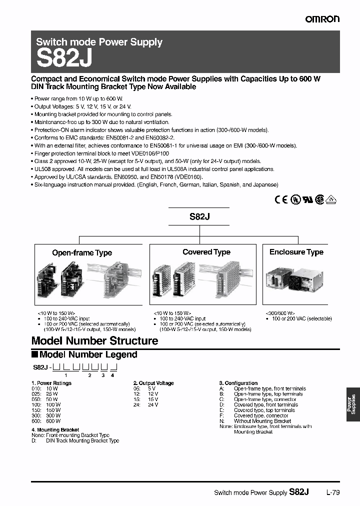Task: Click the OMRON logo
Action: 322,19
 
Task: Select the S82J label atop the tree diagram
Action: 198,217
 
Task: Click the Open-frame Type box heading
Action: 82,253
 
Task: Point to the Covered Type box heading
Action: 206,252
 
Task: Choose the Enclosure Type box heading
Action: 296,252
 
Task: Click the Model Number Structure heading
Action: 94,341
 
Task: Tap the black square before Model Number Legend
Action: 34,354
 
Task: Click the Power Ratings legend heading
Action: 51,383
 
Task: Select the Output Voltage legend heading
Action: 153,383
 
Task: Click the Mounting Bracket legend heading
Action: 55,429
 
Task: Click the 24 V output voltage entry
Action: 145,404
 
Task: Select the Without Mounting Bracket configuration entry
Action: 262,421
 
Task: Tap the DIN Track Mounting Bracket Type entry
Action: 82,441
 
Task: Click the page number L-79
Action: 332,492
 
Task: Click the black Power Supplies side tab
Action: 352,405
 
